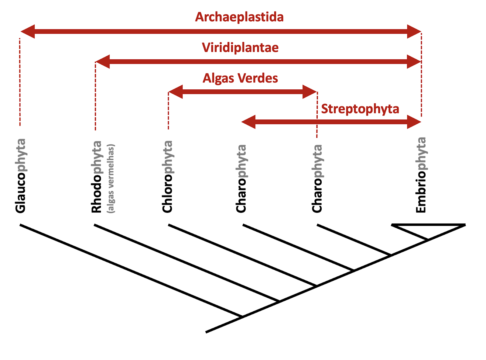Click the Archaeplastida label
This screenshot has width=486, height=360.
click(239, 17)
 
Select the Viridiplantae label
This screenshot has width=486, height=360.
click(240, 48)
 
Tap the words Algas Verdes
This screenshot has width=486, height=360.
click(240, 78)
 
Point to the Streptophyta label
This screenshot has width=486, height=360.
click(360, 109)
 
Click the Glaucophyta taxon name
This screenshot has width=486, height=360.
click(21, 175)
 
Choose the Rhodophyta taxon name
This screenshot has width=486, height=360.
click(96, 176)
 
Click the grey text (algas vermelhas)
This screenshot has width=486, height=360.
click(111, 178)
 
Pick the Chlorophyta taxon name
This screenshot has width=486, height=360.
click(167, 176)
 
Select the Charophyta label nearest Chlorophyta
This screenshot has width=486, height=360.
click(241, 178)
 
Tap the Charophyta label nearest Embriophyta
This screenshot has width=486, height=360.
click(317, 178)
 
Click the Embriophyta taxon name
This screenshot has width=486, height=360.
click(421, 175)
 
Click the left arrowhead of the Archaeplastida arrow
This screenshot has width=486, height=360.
click(28, 31)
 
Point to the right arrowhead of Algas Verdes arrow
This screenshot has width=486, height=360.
click(310, 92)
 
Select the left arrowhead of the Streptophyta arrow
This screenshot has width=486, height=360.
click(248, 122)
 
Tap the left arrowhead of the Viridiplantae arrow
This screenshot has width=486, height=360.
click(102, 62)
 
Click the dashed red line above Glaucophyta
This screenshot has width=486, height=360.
click(20, 82)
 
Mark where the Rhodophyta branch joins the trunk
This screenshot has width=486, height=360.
click(279, 301)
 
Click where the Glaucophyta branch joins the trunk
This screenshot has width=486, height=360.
click(242, 317)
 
